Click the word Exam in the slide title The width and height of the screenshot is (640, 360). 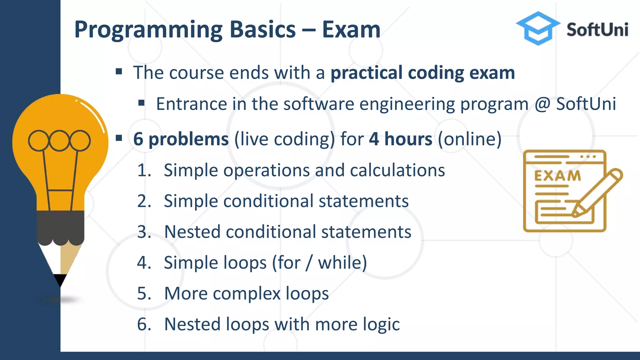tap(351, 30)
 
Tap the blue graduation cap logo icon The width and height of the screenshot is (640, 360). tap(538, 28)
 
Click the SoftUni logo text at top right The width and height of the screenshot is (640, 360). tap(597, 30)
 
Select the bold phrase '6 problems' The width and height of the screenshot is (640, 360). tap(181, 139)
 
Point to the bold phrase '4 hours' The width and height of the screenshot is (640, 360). tap(401, 139)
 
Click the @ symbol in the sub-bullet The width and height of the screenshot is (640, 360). tap(542, 104)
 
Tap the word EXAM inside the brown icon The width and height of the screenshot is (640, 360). tap(557, 176)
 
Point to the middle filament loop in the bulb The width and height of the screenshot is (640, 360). tap(59, 141)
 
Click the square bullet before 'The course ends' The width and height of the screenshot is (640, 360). tap(119, 72)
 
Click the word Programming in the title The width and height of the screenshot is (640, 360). tap(148, 30)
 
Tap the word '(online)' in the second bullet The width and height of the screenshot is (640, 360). tap(469, 139)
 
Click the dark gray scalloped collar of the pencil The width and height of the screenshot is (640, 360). tap(60, 227)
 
